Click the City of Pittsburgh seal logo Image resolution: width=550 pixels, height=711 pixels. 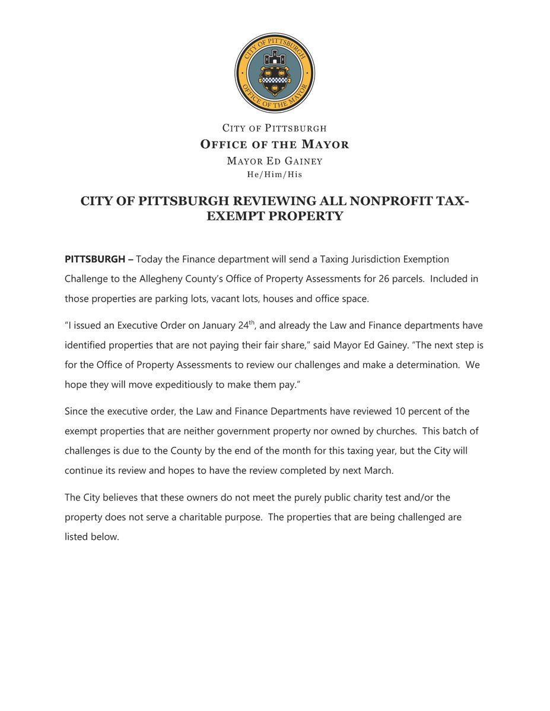point(275,73)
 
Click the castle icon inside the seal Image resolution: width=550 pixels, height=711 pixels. point(275,59)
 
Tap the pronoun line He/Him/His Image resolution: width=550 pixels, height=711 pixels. point(275,175)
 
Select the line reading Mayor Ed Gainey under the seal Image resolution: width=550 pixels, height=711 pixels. point(275,161)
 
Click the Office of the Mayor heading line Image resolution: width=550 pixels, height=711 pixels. point(275,145)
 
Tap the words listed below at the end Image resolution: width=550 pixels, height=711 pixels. point(92,536)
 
